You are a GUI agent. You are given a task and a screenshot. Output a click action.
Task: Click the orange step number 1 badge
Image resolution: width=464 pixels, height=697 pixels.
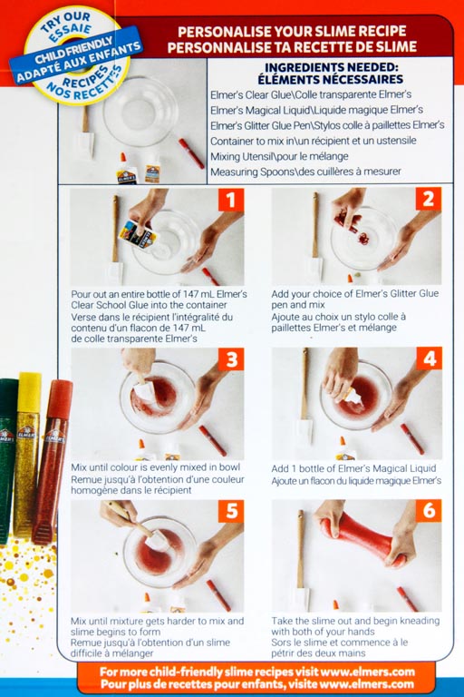click(x=231, y=200)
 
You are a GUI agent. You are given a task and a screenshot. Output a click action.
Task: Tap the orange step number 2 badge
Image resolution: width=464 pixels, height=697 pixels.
click(x=429, y=199)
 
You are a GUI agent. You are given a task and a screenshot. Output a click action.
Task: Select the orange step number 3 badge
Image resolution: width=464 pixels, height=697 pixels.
click(x=231, y=359)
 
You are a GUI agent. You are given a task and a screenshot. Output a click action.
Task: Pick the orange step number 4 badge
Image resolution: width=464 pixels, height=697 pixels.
click(x=430, y=358)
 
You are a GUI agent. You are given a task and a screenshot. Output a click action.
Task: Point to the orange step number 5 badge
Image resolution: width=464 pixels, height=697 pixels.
click(x=231, y=511)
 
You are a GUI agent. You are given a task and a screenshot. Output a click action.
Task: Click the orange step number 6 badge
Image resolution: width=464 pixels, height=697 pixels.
click(x=429, y=510)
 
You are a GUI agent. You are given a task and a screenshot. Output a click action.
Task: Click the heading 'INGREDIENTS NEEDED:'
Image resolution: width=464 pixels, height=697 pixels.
click(x=331, y=67)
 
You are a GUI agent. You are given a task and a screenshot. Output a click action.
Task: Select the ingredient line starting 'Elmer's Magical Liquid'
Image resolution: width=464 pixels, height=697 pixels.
click(x=316, y=110)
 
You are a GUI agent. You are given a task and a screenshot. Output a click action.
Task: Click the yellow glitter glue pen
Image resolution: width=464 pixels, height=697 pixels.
click(x=27, y=454)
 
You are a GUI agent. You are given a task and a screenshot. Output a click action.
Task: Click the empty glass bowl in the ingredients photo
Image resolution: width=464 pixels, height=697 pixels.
click(x=140, y=111)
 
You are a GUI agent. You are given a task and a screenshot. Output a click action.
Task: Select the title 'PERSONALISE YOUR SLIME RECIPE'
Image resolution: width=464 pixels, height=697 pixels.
click(x=292, y=31)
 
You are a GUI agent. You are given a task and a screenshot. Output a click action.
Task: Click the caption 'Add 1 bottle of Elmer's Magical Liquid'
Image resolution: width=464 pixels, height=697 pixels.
click(x=353, y=468)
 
